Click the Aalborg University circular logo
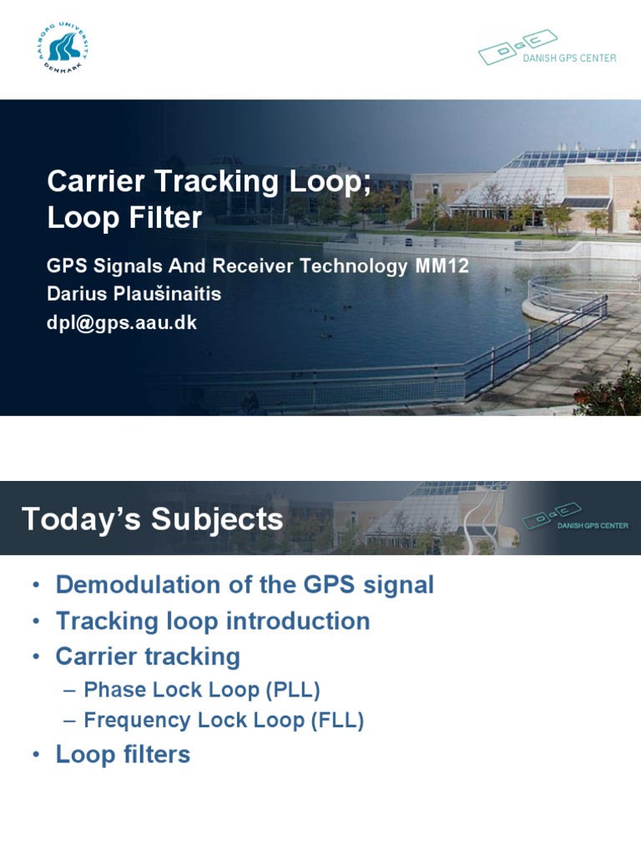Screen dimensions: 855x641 (63, 48)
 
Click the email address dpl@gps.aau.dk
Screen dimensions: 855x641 (122, 323)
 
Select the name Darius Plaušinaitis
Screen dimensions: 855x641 (134, 295)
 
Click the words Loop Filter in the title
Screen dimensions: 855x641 (124, 218)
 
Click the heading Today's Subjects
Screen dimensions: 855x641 (152, 519)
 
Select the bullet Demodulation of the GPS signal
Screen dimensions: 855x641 (245, 584)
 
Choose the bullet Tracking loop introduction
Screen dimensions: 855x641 (213, 621)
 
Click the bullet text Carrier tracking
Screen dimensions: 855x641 (148, 657)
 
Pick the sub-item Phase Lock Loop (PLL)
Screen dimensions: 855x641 (202, 691)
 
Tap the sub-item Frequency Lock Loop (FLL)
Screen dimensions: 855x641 (224, 721)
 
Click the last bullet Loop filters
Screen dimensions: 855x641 (123, 755)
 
